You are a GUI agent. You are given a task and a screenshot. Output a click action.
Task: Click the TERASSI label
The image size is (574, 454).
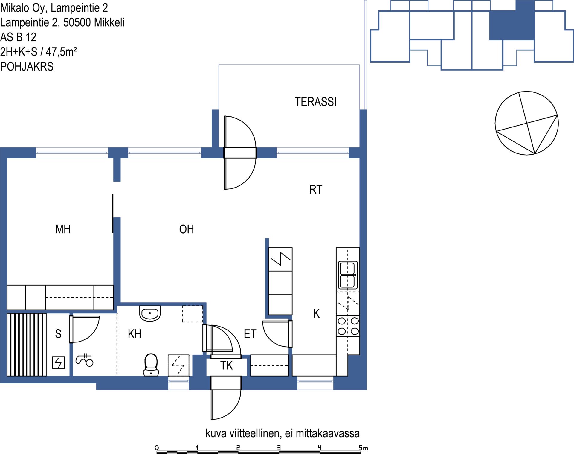pos(316,102)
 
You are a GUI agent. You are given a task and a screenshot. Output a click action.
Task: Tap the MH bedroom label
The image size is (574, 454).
pos(63,229)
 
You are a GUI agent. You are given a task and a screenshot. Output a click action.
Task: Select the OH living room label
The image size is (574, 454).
pos(187,229)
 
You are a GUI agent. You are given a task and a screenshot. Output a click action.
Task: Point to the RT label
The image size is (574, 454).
pos(316,190)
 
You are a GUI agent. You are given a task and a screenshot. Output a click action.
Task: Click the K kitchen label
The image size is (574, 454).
pos(316,314)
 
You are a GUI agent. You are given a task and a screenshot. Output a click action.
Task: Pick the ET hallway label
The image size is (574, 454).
pos(250,334)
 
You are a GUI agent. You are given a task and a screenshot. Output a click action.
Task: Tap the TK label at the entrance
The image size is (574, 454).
pos(226,365)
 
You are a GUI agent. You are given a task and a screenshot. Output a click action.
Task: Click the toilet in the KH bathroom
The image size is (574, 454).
pos(151,365)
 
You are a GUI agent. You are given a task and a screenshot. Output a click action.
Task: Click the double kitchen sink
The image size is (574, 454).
pos(348,274)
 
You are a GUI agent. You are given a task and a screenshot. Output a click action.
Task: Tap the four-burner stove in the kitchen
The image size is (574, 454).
pos(348,326)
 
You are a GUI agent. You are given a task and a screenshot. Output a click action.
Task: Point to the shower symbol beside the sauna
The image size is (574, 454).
pos(85,360)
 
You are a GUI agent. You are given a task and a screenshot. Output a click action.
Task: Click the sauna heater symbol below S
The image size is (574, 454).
pos(58,362)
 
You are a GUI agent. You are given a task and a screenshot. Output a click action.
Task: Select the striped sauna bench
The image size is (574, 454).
pos(27,345)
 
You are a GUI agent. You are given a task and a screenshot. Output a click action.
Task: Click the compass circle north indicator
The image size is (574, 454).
pos(527,123)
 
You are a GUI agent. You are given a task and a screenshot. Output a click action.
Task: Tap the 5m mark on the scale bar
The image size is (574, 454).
pos(363,448)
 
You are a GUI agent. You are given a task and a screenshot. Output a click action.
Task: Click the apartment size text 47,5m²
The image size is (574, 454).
pos(61,52)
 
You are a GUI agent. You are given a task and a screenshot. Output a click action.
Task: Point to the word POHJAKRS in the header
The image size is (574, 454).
pos(27,67)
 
